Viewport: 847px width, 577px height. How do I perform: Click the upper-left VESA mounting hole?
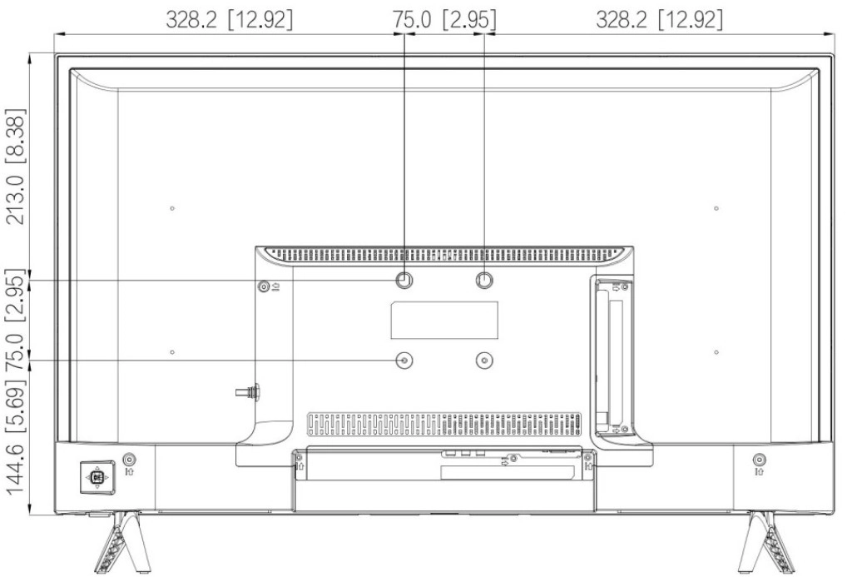404,280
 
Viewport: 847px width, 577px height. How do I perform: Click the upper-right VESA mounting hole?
484,280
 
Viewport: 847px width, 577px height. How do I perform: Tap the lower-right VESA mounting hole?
484,361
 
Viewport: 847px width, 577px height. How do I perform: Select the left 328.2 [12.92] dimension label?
229,20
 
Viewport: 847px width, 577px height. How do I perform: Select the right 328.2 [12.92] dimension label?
659,20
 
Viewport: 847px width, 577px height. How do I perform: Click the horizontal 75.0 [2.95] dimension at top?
444,20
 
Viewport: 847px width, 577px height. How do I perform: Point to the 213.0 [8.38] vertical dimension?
15,167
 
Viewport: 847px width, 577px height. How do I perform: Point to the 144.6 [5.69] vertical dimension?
15,441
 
